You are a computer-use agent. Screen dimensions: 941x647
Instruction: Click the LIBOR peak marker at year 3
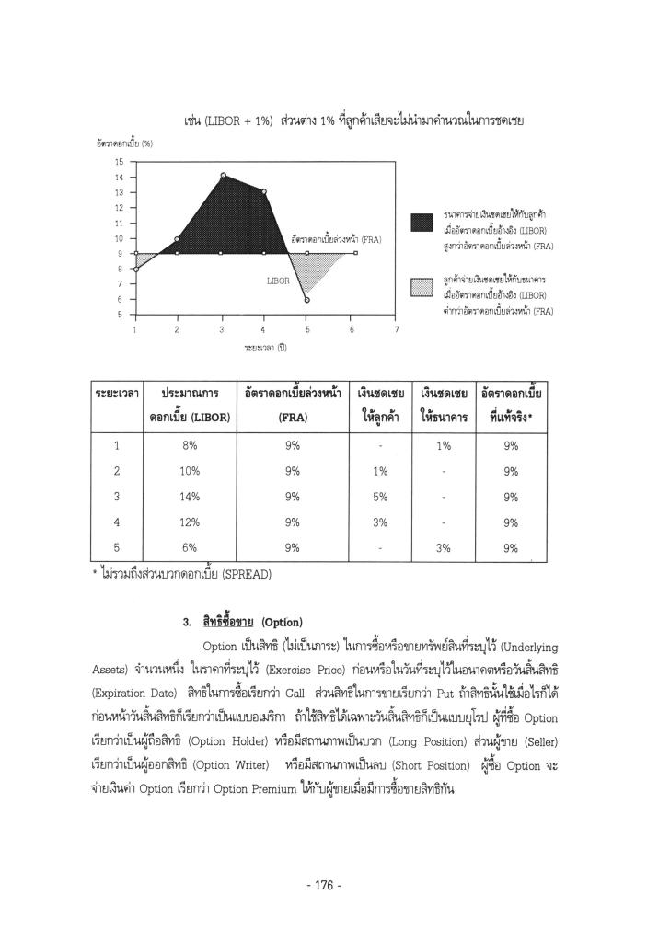[x=223, y=176]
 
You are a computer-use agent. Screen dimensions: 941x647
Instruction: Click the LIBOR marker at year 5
[x=307, y=300]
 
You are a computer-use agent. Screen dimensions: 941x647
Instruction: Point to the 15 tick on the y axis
[x=119, y=162]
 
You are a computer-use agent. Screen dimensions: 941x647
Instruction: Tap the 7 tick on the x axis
[x=397, y=328]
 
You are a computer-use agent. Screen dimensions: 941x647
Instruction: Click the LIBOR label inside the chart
[x=278, y=281]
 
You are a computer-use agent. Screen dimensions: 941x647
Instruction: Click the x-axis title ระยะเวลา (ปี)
[x=264, y=349]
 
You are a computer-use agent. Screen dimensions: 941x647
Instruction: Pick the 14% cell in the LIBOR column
[x=190, y=497]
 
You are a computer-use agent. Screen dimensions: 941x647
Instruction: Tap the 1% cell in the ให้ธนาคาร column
[x=444, y=445]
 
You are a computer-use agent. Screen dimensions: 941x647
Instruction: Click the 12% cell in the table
[x=190, y=522]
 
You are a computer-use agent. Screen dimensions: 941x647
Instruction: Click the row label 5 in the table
[x=117, y=548]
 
